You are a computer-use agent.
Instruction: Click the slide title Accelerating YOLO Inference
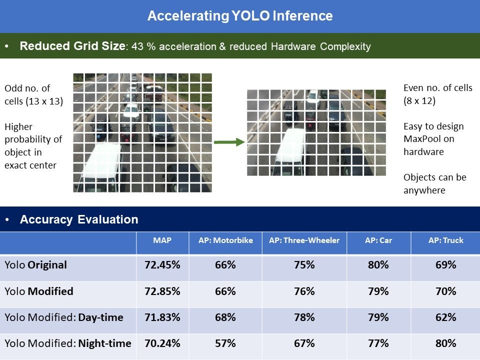(240, 16)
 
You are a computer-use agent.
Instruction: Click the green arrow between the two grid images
(229, 142)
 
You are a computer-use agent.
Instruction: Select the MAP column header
(162, 240)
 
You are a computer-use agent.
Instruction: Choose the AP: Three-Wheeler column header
(304, 240)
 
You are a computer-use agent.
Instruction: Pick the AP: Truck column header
(445, 240)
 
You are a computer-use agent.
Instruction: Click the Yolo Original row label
(35, 265)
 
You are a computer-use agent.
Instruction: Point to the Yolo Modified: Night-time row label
(68, 343)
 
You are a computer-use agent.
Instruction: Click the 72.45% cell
(162, 265)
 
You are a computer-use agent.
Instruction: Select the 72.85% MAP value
(162, 291)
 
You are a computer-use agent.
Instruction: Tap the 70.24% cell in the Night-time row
(162, 343)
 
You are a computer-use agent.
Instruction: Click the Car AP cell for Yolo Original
(378, 265)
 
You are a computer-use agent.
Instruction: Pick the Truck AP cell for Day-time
(445, 317)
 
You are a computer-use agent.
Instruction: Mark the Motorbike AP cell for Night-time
(225, 343)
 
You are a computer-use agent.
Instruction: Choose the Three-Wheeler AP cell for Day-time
(304, 317)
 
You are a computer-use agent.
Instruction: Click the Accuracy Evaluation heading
(79, 219)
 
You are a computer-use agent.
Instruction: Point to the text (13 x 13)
(44, 101)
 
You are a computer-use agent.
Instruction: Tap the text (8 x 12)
(419, 100)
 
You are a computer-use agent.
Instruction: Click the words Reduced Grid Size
(71, 46)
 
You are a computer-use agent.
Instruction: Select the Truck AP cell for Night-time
(445, 343)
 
